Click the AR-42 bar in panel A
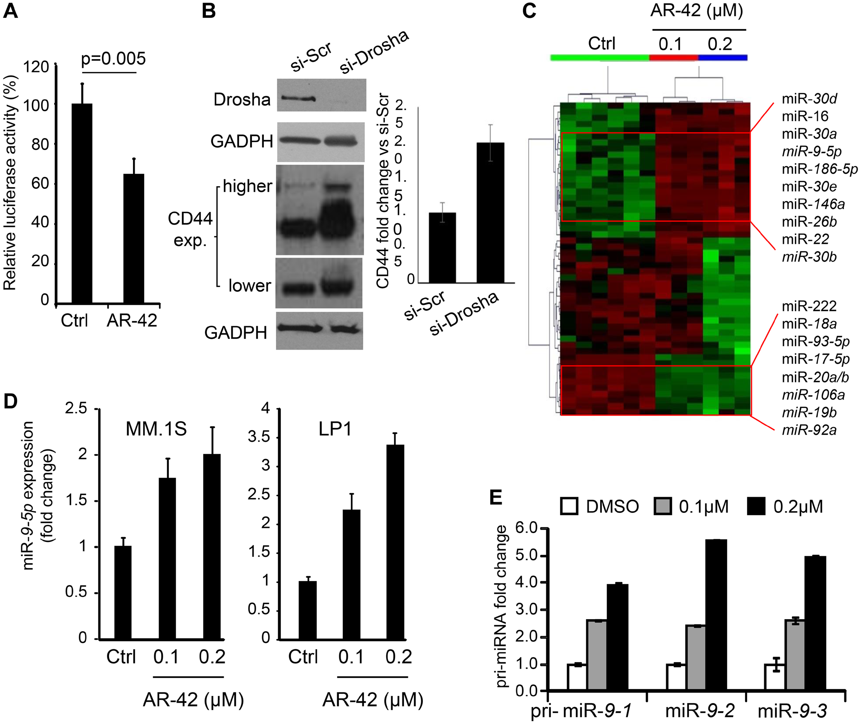tap(133, 239)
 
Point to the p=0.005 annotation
tap(113, 58)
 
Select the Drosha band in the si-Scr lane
tap(298, 98)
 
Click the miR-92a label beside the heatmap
tap(809, 430)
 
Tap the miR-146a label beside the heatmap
tap(813, 204)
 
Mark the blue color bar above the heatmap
tap(722, 58)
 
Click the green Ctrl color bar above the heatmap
tap(599, 58)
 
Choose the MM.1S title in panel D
tap(156, 429)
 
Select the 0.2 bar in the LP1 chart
tap(395, 542)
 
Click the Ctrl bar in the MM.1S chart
tap(123, 593)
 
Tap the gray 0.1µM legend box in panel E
tap(662, 506)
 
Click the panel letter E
tap(496, 497)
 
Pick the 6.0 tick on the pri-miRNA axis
tap(526, 528)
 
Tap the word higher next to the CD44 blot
tap(247, 186)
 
